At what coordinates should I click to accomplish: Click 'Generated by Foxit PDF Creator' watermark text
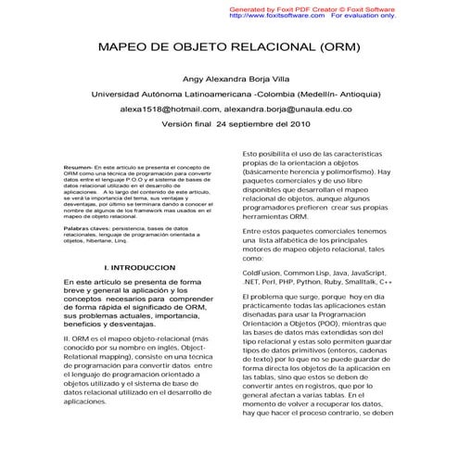[x=289, y=7]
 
